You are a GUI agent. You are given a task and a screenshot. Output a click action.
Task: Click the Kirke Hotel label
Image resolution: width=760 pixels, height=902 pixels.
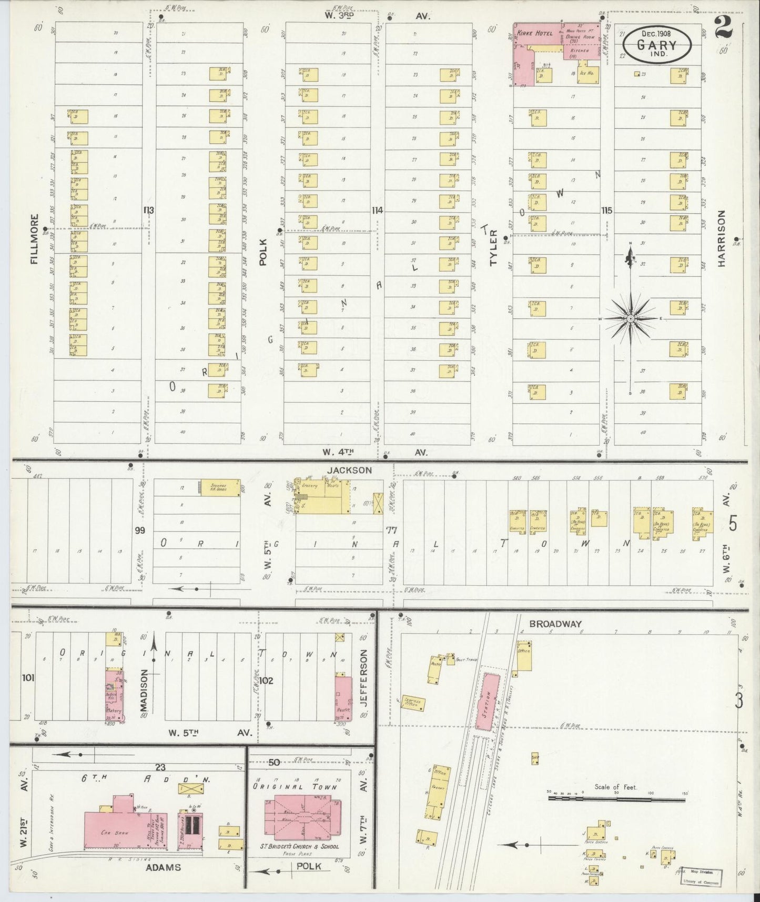(534, 34)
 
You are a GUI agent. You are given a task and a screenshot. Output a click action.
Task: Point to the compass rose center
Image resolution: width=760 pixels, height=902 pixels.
(630, 318)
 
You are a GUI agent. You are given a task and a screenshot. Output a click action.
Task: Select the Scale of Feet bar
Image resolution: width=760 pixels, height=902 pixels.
(616, 798)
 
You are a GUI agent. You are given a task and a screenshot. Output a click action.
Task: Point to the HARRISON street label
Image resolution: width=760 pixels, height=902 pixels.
(721, 238)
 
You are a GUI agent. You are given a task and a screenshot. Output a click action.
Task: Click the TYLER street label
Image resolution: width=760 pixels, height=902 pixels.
(493, 247)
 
